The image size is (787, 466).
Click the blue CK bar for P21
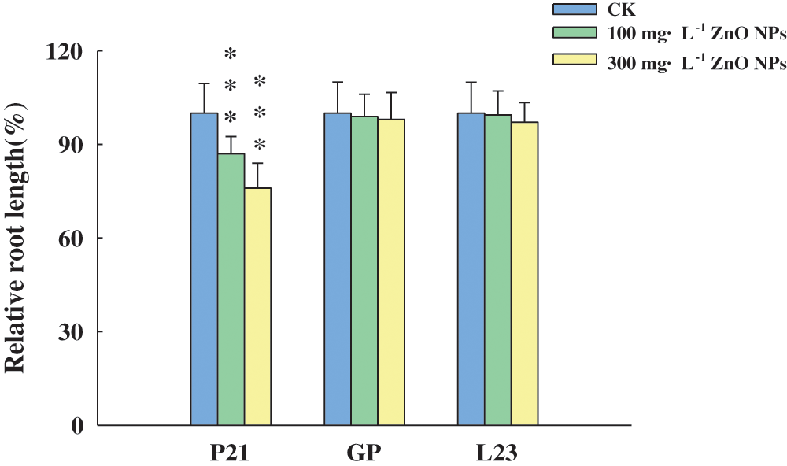(x=204, y=268)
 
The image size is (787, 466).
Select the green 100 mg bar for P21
(x=231, y=288)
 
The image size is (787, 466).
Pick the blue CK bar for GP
(x=338, y=268)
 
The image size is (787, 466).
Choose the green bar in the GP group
(x=364, y=270)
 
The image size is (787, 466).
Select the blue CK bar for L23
(x=471, y=268)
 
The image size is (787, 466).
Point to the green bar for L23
(x=498, y=269)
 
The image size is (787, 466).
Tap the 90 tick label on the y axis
(x=73, y=145)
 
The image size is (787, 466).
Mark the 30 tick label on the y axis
(x=73, y=332)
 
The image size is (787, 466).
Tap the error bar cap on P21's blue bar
(x=204, y=83)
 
